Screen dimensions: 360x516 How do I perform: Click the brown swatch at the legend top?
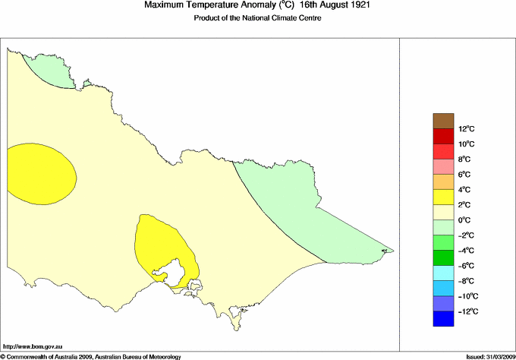tap(443, 120)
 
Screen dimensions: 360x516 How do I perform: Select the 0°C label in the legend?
tap(465, 220)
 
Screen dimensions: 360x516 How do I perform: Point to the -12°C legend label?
tap(467, 311)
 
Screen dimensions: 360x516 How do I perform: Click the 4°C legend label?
tap(465, 190)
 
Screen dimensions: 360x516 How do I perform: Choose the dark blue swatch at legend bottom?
tap(443, 319)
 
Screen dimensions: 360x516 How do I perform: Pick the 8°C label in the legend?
tap(465, 159)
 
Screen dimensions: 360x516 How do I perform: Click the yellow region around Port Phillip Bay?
tap(159, 243)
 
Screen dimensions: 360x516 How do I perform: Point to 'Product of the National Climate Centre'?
tap(258, 19)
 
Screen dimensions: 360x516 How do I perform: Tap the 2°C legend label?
tap(465, 205)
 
